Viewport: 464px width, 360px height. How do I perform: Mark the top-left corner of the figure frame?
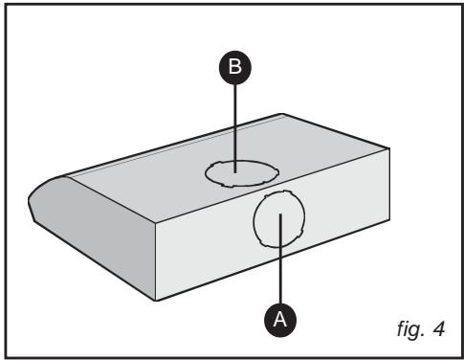pyautogui.click(x=9, y=9)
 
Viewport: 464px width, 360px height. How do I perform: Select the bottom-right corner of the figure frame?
pyautogui.click(x=455, y=351)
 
